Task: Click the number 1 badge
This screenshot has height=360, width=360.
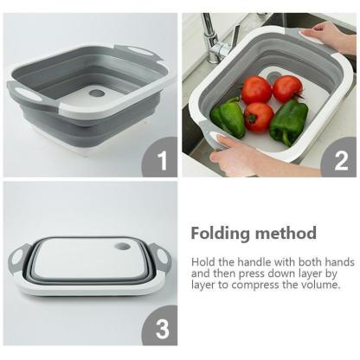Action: pos(160,157)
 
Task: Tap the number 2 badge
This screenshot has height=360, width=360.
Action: pos(339,157)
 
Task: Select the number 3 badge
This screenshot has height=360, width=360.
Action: pos(160,326)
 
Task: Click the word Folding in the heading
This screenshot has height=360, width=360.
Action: pos(220,234)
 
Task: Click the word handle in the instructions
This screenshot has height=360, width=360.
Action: pos(254,262)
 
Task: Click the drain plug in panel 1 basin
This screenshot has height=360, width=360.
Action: pos(97,93)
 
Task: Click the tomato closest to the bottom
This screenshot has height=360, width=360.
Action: pos(259,117)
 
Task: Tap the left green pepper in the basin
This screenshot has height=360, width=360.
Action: pos(228,117)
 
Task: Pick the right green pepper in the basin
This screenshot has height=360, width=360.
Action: pos(287,122)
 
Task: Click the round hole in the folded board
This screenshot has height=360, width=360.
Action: pos(122,247)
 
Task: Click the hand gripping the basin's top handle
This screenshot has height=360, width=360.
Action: pos(329,37)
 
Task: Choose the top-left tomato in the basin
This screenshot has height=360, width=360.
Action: pos(256,90)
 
